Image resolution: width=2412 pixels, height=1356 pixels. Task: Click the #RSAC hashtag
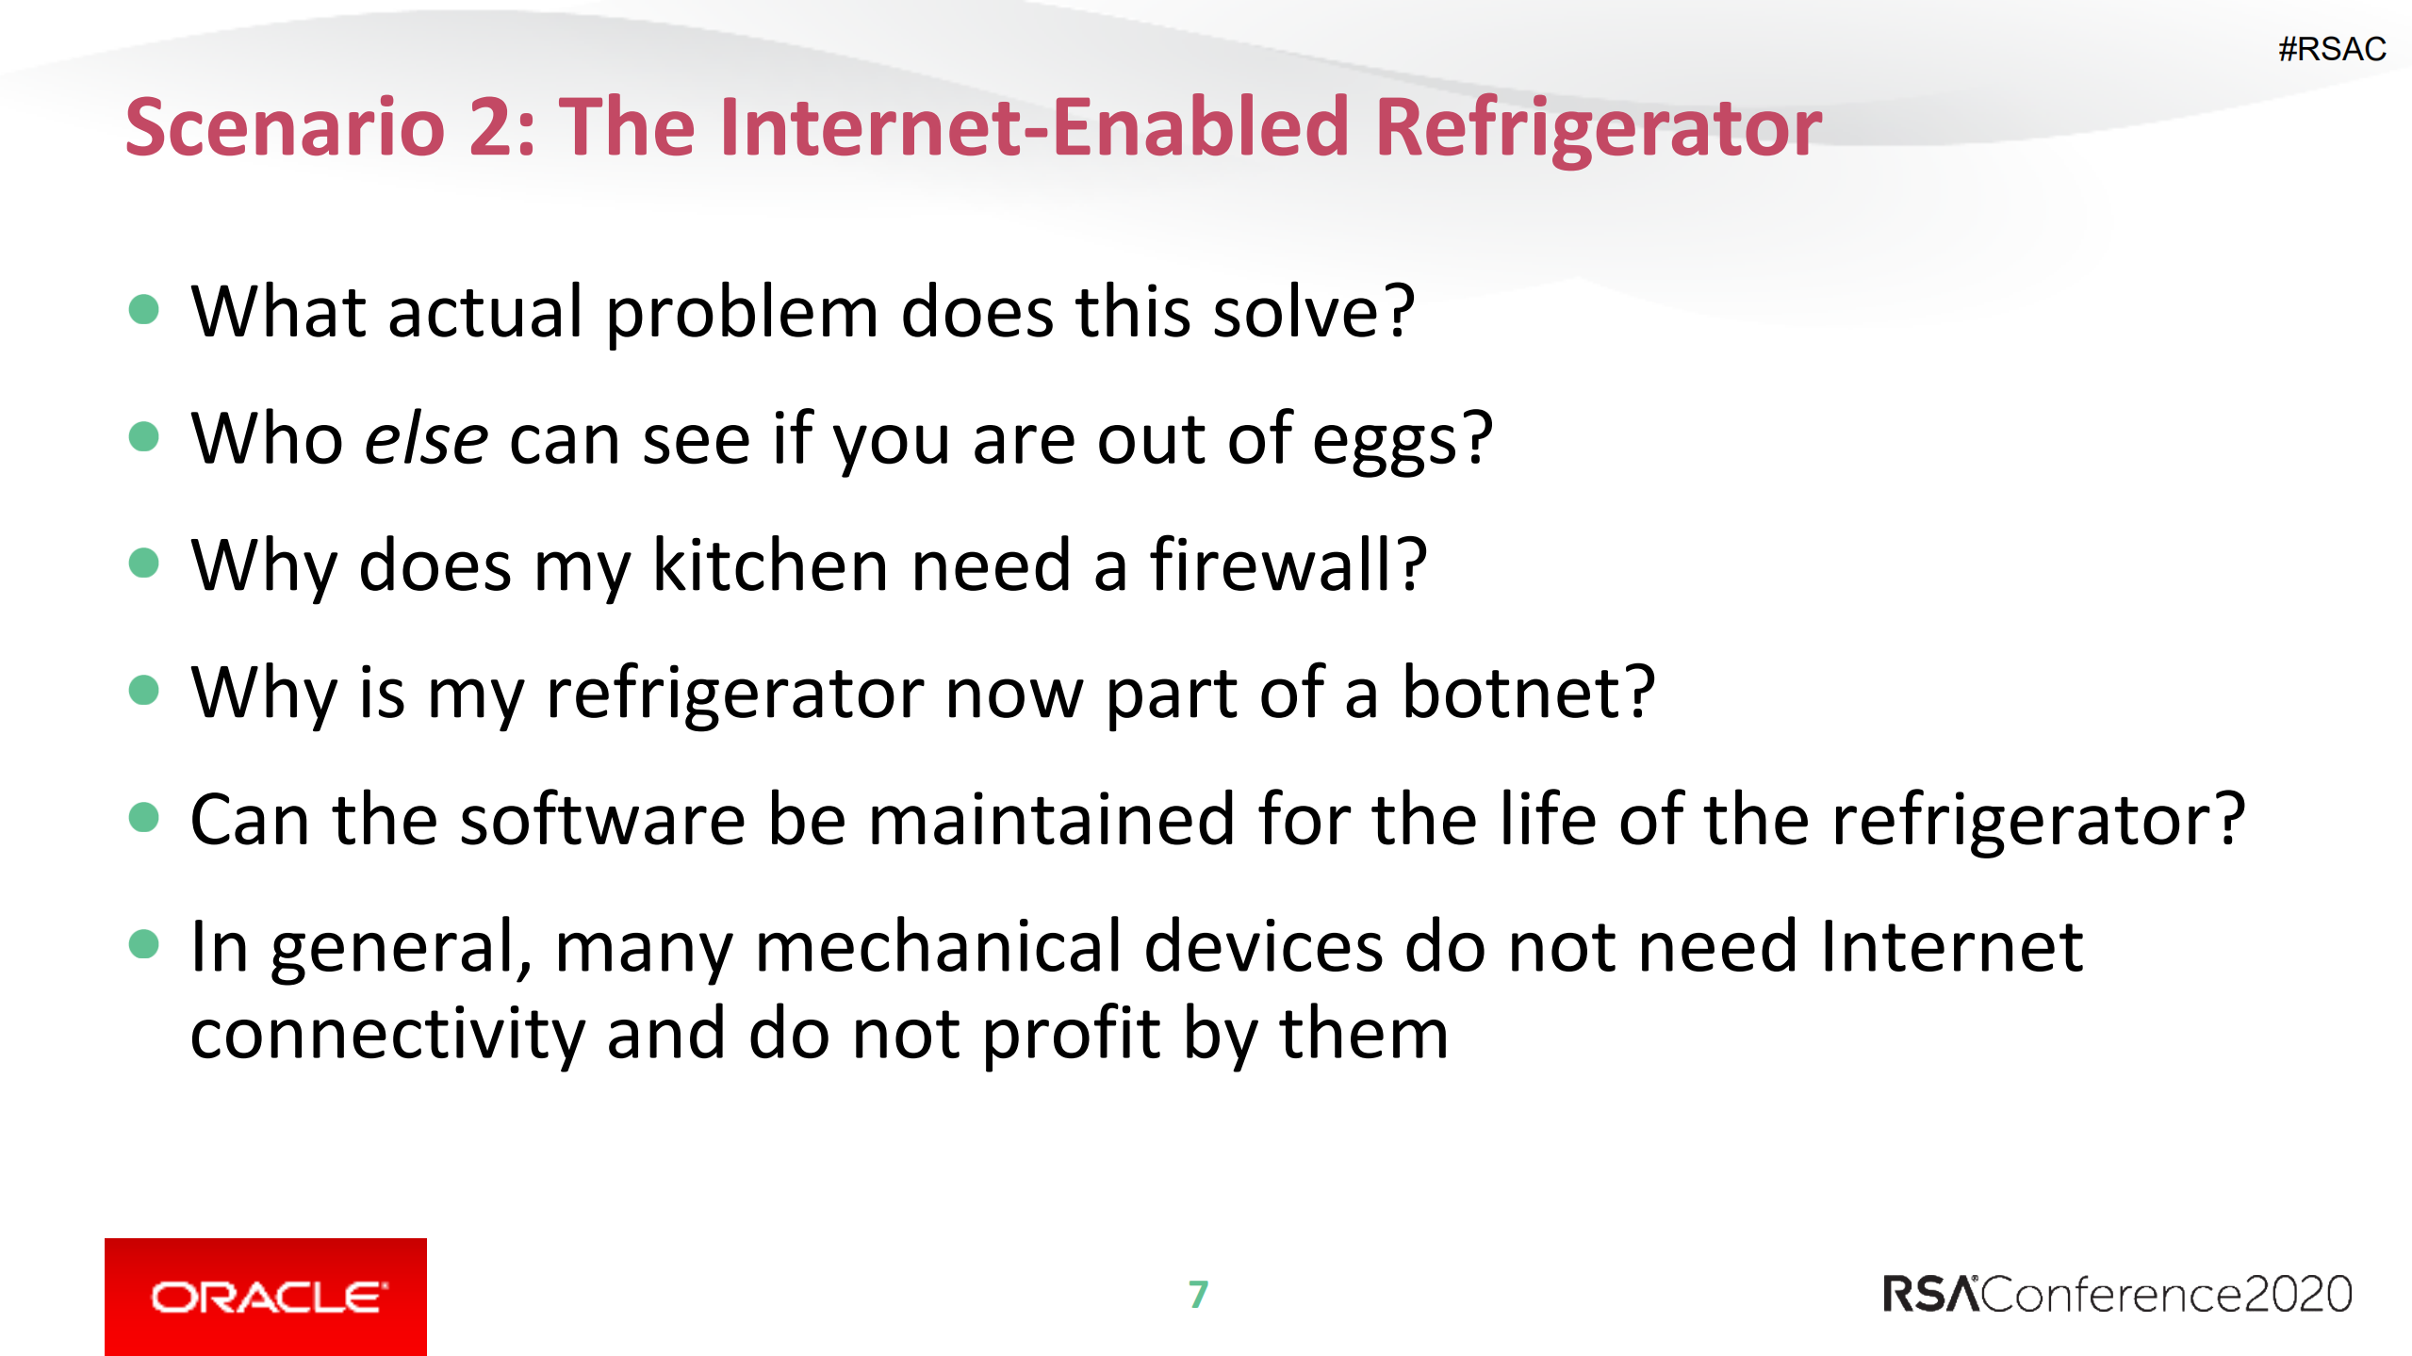[x=2331, y=49]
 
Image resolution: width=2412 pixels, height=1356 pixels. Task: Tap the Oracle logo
[x=266, y=1297]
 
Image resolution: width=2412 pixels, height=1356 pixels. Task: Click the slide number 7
[x=1198, y=1295]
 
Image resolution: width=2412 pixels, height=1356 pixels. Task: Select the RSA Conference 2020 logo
[x=2117, y=1294]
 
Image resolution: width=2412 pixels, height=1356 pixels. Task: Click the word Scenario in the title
[x=285, y=127]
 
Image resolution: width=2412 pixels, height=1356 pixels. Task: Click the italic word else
[x=426, y=439]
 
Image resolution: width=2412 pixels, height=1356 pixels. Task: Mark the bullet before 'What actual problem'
[x=143, y=309]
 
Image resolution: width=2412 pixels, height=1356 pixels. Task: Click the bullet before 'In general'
[x=143, y=943]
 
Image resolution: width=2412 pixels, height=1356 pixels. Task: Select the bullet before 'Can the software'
[x=143, y=817]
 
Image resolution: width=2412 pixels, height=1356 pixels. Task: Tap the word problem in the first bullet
[x=743, y=314]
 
